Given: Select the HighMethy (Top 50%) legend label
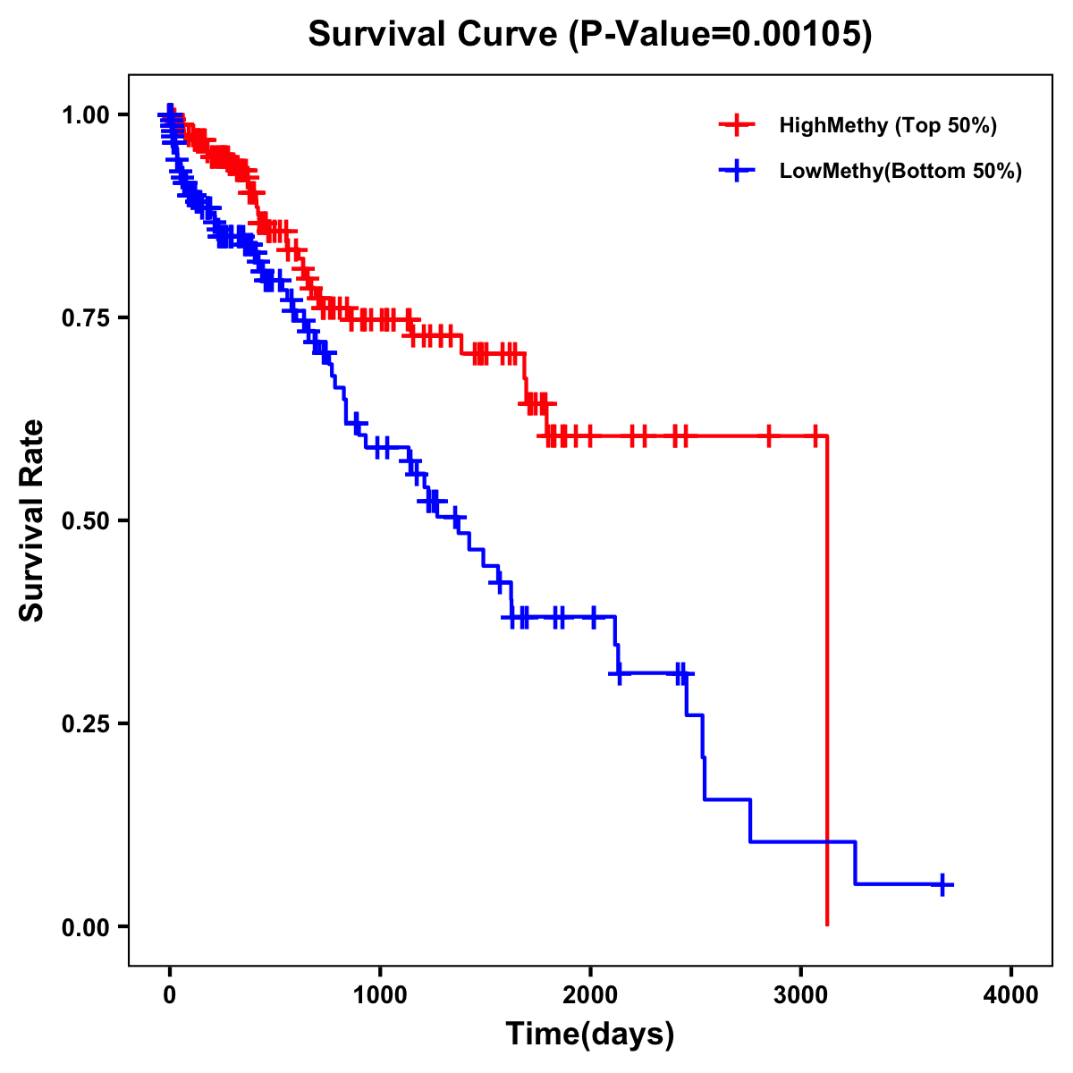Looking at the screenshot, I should coord(888,125).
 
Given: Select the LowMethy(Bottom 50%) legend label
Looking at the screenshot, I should coord(900,171).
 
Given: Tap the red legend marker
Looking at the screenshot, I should coord(737,125).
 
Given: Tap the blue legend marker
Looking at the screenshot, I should coord(737,171).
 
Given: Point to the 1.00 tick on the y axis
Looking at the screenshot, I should coord(85,114).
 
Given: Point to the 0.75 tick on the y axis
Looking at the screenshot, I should coord(85,317).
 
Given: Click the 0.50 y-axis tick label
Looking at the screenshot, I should coord(85,520).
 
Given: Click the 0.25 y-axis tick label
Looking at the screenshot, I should coord(85,723).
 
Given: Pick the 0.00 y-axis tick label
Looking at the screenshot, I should coord(85,926).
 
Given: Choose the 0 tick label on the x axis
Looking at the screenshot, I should coord(170,995).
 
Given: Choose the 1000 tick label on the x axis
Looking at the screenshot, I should coord(380,995).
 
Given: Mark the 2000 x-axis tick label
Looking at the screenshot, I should coord(590,995).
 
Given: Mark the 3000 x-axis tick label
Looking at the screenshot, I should coord(801,995).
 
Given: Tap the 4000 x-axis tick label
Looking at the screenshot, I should coord(1011,995).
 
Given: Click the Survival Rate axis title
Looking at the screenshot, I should coord(32,520).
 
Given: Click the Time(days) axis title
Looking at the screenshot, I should coord(590,1035).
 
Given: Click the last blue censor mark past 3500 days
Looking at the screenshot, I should coord(942,884).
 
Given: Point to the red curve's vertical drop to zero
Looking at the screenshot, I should coord(827,680).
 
